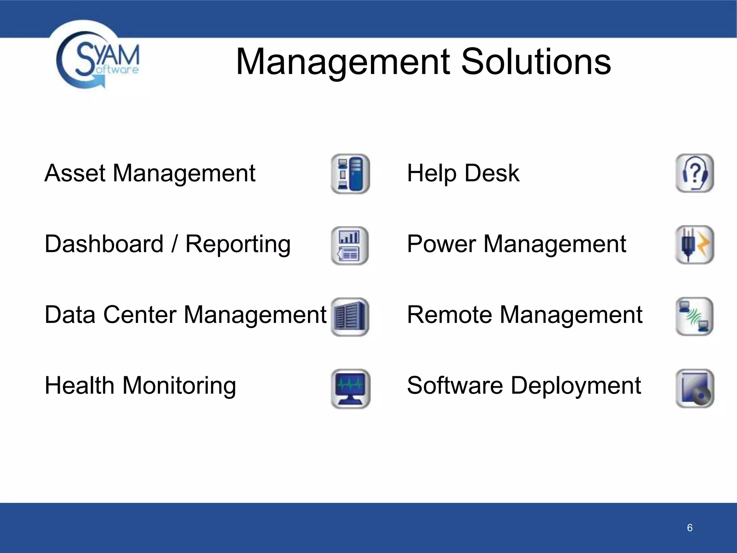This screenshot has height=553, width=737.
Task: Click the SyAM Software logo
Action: tap(97, 59)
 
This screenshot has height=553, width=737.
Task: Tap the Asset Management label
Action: tap(150, 173)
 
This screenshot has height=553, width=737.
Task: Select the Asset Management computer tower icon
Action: tap(350, 174)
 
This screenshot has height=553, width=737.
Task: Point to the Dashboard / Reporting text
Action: tap(167, 244)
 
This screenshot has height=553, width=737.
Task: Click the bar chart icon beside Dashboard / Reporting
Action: tap(350, 246)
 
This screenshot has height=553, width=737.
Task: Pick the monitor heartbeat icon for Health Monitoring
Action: tap(351, 388)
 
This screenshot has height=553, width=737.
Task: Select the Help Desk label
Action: tap(463, 173)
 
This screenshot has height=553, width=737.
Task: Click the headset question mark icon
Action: tap(695, 173)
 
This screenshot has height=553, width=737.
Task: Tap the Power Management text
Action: tap(516, 244)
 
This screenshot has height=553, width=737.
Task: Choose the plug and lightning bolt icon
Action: tap(695, 245)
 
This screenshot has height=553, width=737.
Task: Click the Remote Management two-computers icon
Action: tap(695, 316)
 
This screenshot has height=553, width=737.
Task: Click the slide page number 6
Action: tap(689, 528)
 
